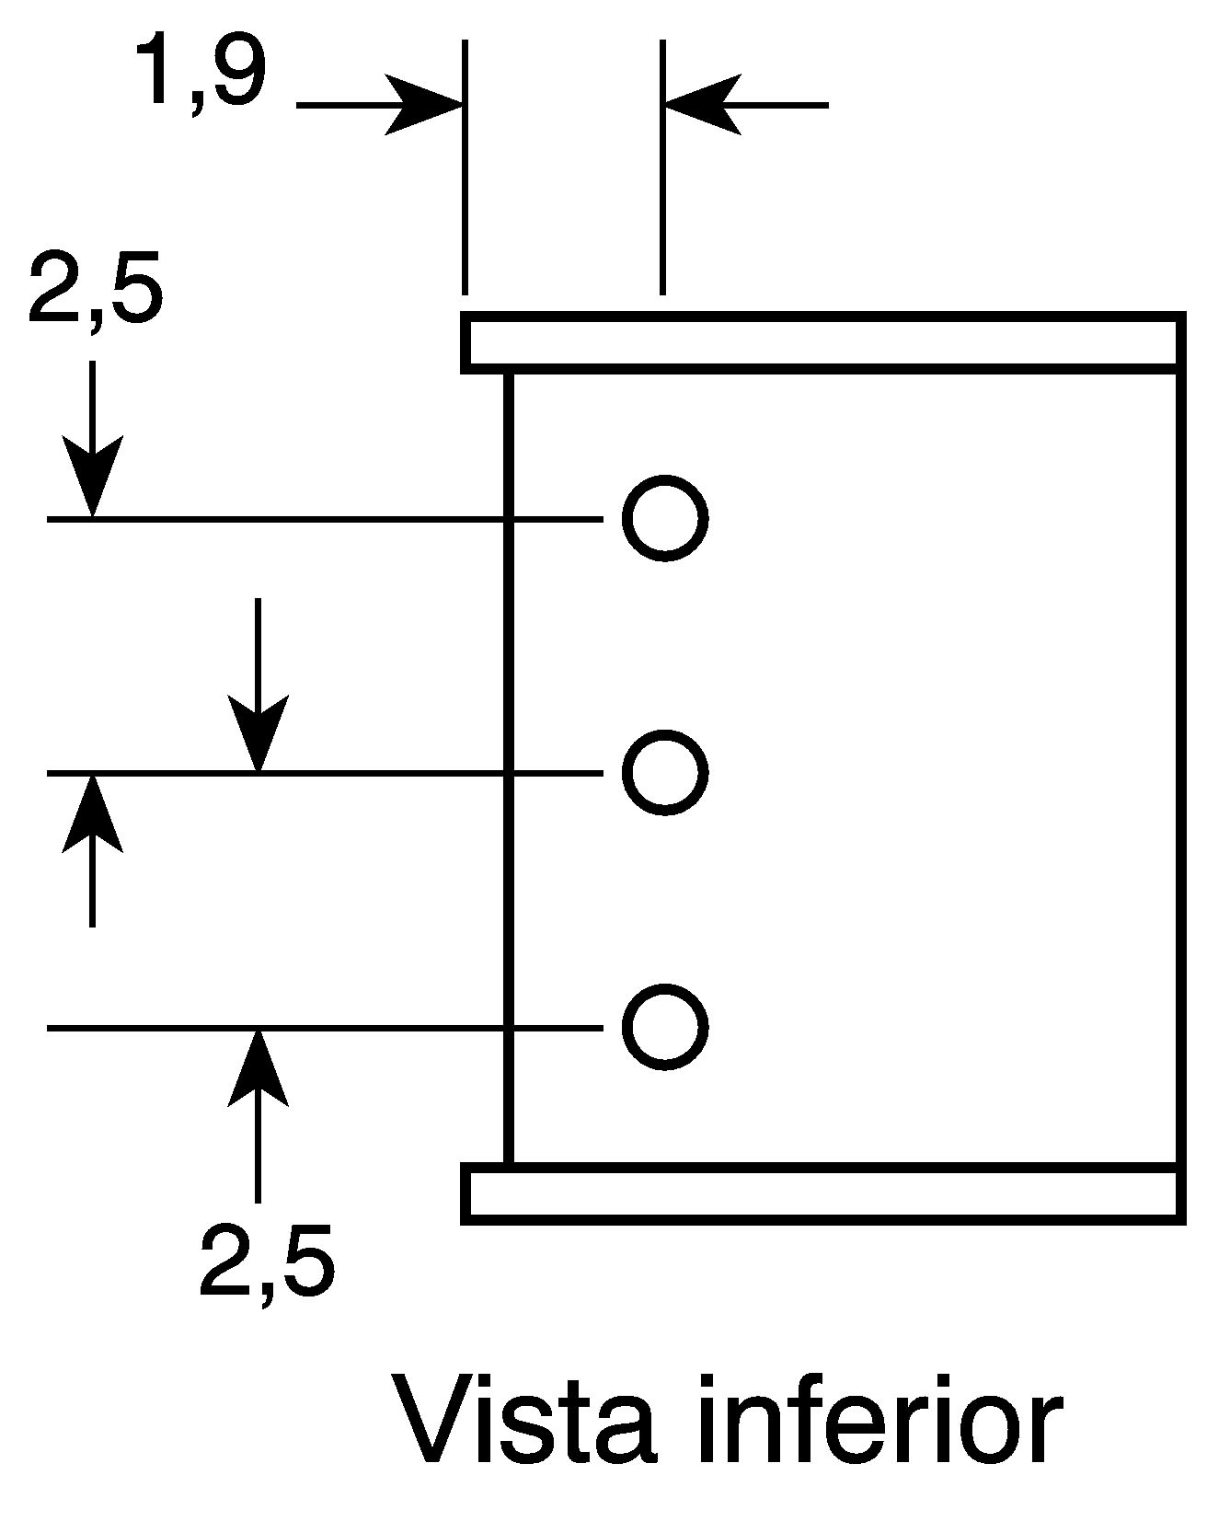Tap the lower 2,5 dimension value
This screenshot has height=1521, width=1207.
click(267, 1261)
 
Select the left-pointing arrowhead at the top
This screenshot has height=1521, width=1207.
click(701, 105)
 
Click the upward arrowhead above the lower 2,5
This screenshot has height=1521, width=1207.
click(258, 1067)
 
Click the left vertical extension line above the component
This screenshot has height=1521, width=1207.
click(465, 167)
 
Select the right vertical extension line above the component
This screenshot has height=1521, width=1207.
click(662, 167)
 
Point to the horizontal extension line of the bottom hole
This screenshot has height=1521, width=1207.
click(325, 1028)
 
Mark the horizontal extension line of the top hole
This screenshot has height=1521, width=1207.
click(325, 519)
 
